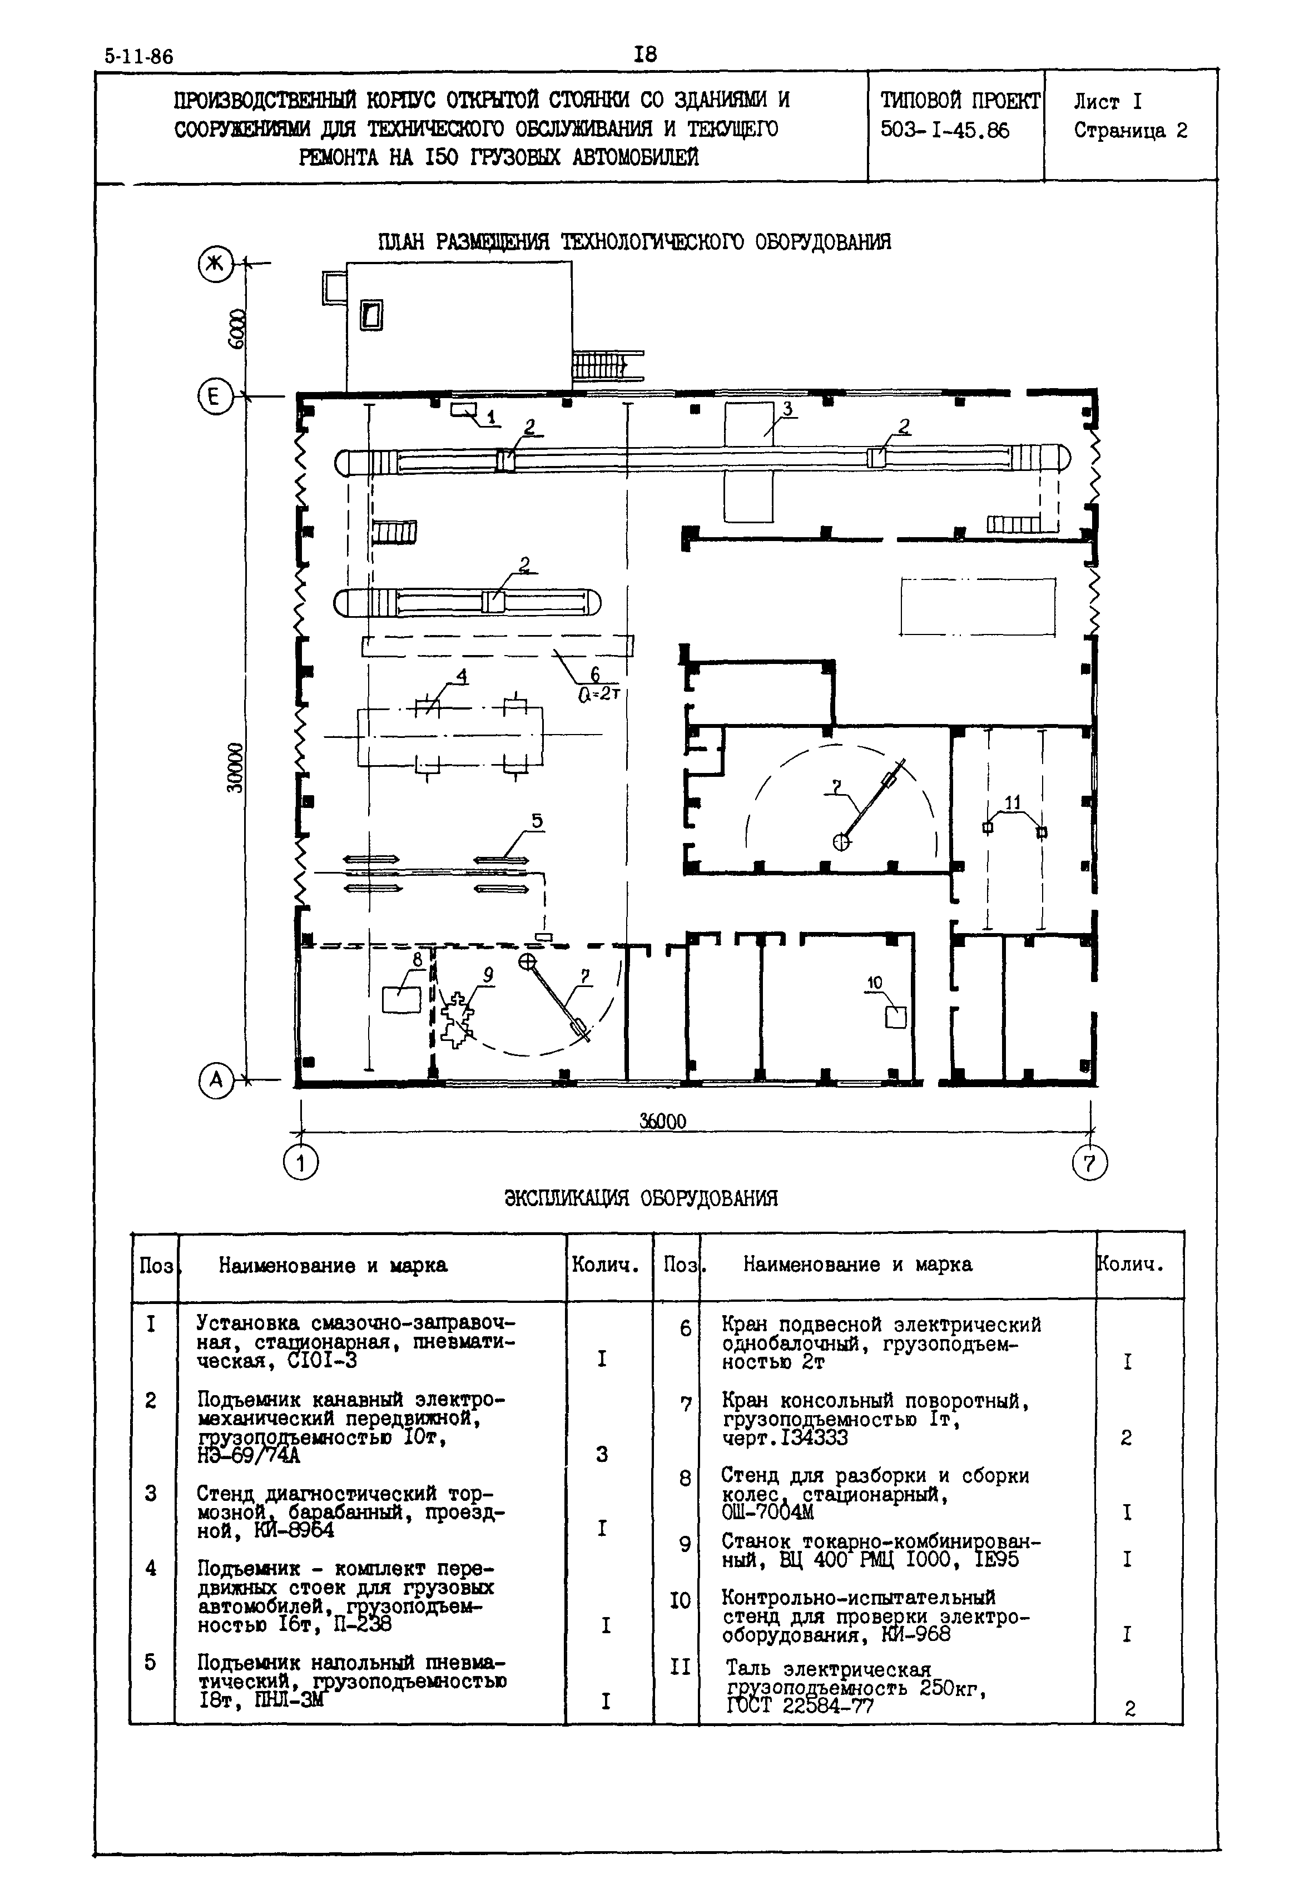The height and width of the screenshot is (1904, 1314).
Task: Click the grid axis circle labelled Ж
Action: click(216, 264)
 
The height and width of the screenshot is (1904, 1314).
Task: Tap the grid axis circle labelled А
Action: click(216, 1079)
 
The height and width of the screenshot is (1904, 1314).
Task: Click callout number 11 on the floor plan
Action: click(1012, 802)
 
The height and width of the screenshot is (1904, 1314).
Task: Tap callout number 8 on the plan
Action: click(418, 959)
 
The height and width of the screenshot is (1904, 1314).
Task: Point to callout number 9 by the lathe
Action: click(488, 975)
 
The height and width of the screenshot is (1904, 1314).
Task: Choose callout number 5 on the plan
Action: click(537, 821)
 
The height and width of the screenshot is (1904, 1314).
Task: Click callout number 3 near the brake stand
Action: click(787, 408)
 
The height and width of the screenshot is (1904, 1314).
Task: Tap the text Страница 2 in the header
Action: click(1130, 131)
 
